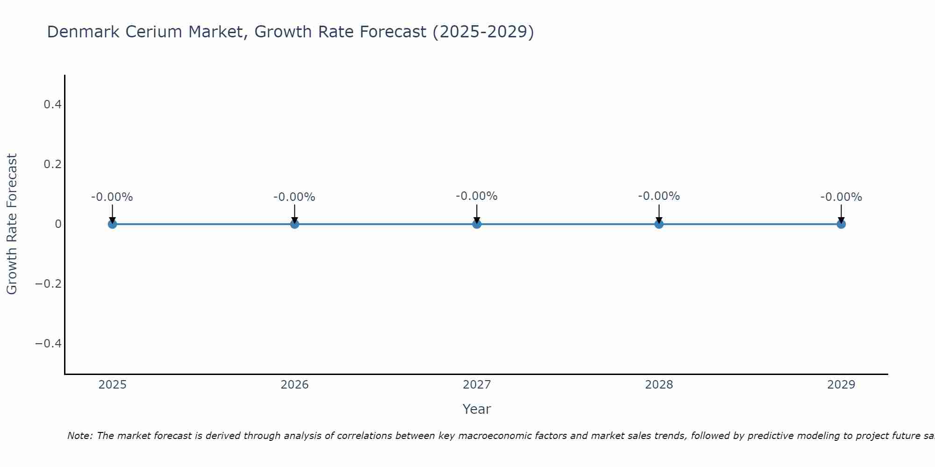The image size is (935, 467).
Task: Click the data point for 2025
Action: pos(112,224)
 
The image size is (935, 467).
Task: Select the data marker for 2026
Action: pos(295,224)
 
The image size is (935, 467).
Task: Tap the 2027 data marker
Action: pos(477,224)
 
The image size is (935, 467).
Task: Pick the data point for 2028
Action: pos(659,224)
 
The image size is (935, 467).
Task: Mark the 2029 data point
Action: pos(841,224)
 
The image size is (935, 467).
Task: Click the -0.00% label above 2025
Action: pos(112,197)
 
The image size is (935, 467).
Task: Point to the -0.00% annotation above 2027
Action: pos(477,196)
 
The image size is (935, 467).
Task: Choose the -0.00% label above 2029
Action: pos(841,197)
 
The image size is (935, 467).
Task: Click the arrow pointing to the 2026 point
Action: pos(295,213)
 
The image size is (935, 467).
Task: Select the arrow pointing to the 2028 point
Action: pos(659,213)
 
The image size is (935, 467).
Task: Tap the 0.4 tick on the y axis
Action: pos(52,105)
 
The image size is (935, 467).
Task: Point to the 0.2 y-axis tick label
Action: pos(52,164)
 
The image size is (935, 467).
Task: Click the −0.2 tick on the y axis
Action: pos(49,284)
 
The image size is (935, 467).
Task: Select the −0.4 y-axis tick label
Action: pos(49,344)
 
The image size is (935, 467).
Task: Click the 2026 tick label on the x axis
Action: pos(295,385)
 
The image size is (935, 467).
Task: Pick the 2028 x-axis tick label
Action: pos(659,385)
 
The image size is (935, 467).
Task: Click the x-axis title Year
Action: pos(476,409)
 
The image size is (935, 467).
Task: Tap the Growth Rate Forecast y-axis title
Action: pos(12,224)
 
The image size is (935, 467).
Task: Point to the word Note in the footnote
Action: pos(80,436)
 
